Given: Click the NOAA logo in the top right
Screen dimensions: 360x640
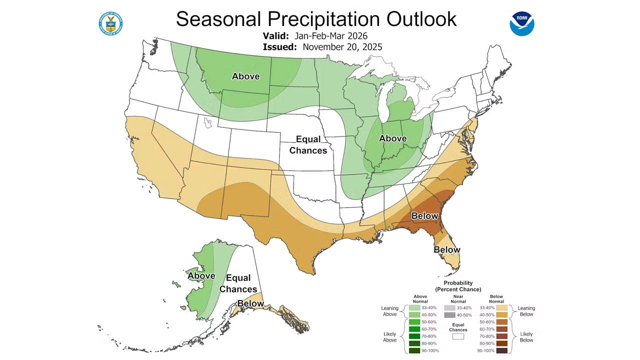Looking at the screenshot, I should [x=522, y=23].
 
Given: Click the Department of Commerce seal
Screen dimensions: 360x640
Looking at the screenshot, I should [x=111, y=23].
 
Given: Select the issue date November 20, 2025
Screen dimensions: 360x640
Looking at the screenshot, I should [x=342, y=47].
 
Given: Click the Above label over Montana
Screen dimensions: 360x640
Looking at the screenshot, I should [x=245, y=76].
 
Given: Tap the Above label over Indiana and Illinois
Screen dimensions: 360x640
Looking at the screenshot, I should [x=392, y=138].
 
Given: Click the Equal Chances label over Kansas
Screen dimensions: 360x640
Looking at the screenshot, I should [x=308, y=144].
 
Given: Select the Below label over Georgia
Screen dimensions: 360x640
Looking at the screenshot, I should [x=424, y=216].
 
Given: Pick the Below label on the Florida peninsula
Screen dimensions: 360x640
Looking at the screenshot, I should [x=446, y=249].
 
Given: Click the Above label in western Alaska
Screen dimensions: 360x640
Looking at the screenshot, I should [x=201, y=276].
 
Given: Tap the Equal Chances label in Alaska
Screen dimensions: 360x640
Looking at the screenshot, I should [x=238, y=283].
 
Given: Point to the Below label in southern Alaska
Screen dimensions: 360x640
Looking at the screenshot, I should [x=250, y=303].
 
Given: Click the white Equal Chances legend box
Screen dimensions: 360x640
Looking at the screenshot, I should [x=458, y=336].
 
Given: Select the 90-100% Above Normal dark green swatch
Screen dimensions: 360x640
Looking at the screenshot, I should [x=414, y=350].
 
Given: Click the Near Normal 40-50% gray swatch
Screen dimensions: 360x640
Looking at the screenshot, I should [x=450, y=315].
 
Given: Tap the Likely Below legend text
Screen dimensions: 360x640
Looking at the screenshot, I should [x=525, y=336].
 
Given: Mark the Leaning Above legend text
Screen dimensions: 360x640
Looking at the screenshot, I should [x=389, y=311].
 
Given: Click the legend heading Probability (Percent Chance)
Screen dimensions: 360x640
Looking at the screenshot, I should [x=458, y=286].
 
